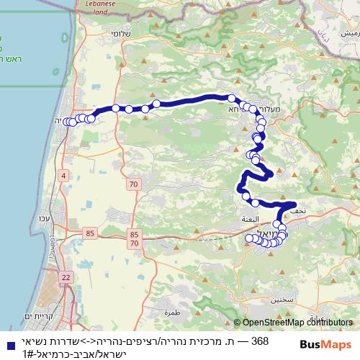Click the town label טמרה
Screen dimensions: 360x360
171,312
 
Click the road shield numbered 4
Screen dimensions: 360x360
63,176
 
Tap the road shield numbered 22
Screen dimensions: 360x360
66,278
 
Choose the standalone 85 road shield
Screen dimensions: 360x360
90,233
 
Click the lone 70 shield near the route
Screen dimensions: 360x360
134,185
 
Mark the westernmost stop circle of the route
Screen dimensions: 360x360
67,122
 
